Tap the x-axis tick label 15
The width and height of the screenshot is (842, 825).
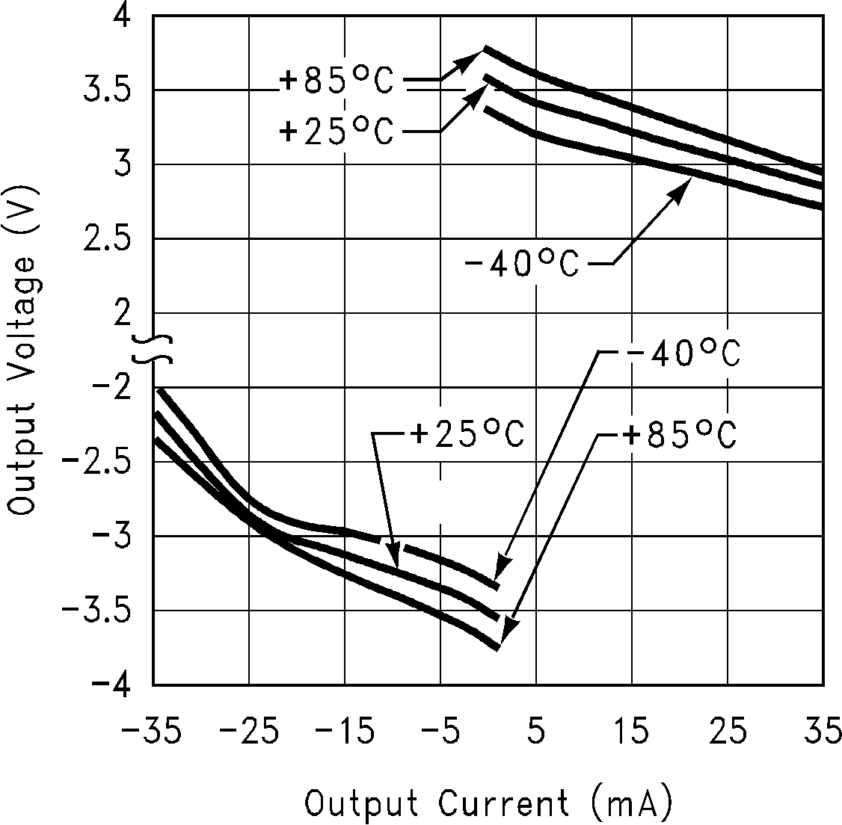[x=633, y=733]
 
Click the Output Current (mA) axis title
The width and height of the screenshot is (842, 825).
[x=489, y=804]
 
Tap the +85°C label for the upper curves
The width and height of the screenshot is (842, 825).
[x=336, y=81]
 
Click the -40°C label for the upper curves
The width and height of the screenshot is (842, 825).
[x=521, y=265]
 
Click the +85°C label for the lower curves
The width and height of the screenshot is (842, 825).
[x=680, y=434]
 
